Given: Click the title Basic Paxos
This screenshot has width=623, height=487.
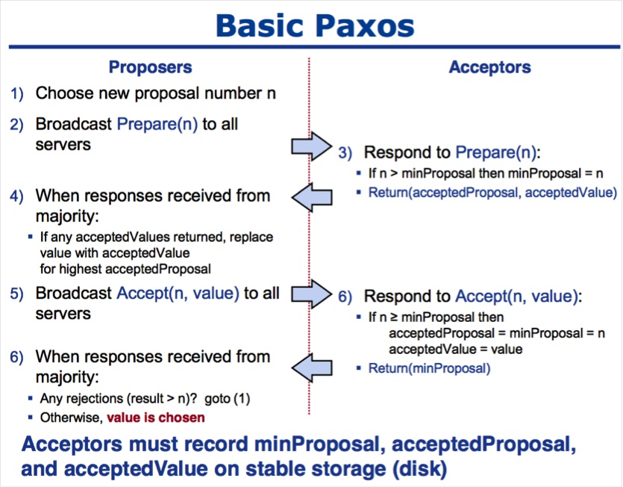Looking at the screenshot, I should pyautogui.click(x=314, y=24).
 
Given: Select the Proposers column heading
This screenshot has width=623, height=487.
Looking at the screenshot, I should pyautogui.click(x=150, y=67).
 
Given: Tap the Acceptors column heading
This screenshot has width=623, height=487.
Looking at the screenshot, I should pyautogui.click(x=489, y=67).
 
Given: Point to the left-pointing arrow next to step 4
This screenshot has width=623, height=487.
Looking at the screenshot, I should pyautogui.click(x=312, y=197).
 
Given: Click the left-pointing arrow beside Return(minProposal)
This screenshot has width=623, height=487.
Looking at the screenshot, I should pyautogui.click(x=312, y=367).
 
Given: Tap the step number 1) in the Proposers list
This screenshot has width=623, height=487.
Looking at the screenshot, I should pyautogui.click(x=16, y=94).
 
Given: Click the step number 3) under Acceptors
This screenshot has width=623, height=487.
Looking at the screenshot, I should pyautogui.click(x=345, y=153).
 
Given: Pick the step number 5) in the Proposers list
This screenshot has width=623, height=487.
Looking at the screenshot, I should pyautogui.click(x=16, y=294).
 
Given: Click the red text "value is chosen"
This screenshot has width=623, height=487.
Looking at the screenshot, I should pyautogui.click(x=155, y=418).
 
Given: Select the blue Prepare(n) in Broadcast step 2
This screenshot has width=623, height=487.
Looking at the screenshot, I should pyautogui.click(x=157, y=124).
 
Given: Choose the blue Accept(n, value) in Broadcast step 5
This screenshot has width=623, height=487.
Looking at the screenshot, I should pyautogui.click(x=178, y=294).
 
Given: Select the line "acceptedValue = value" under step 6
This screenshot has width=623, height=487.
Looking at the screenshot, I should pyautogui.click(x=456, y=349).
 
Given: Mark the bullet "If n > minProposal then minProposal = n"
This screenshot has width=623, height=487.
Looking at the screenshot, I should pyautogui.click(x=486, y=173).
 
